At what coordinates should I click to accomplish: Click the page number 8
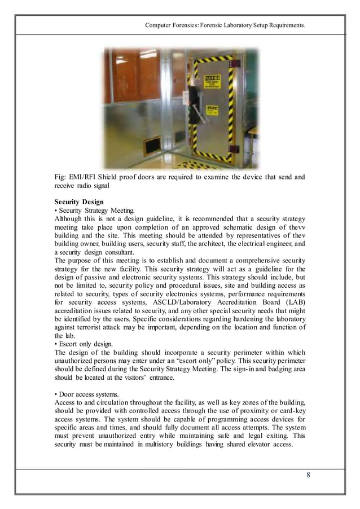[308, 474]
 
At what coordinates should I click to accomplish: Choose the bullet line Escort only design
[85, 343]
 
